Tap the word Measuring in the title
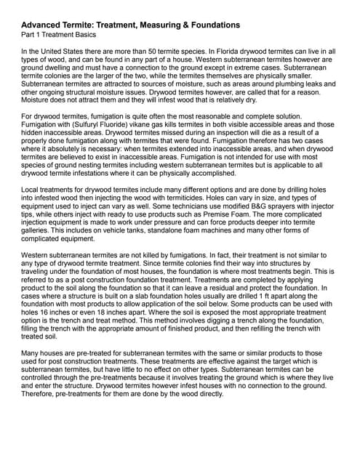point(170,25)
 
